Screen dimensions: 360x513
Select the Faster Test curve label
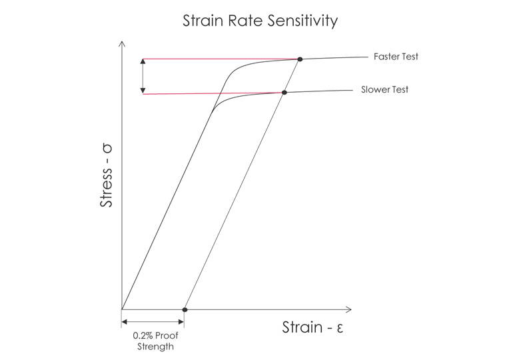click(x=396, y=57)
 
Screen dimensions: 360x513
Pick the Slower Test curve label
click(x=384, y=89)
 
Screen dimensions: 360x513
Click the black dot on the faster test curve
click(x=300, y=59)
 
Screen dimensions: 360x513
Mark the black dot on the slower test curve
click(x=284, y=92)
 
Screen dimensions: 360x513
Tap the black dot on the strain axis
click(x=185, y=309)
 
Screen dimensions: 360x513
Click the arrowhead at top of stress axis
click(x=122, y=44)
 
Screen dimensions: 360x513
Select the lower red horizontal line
click(x=213, y=93)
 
